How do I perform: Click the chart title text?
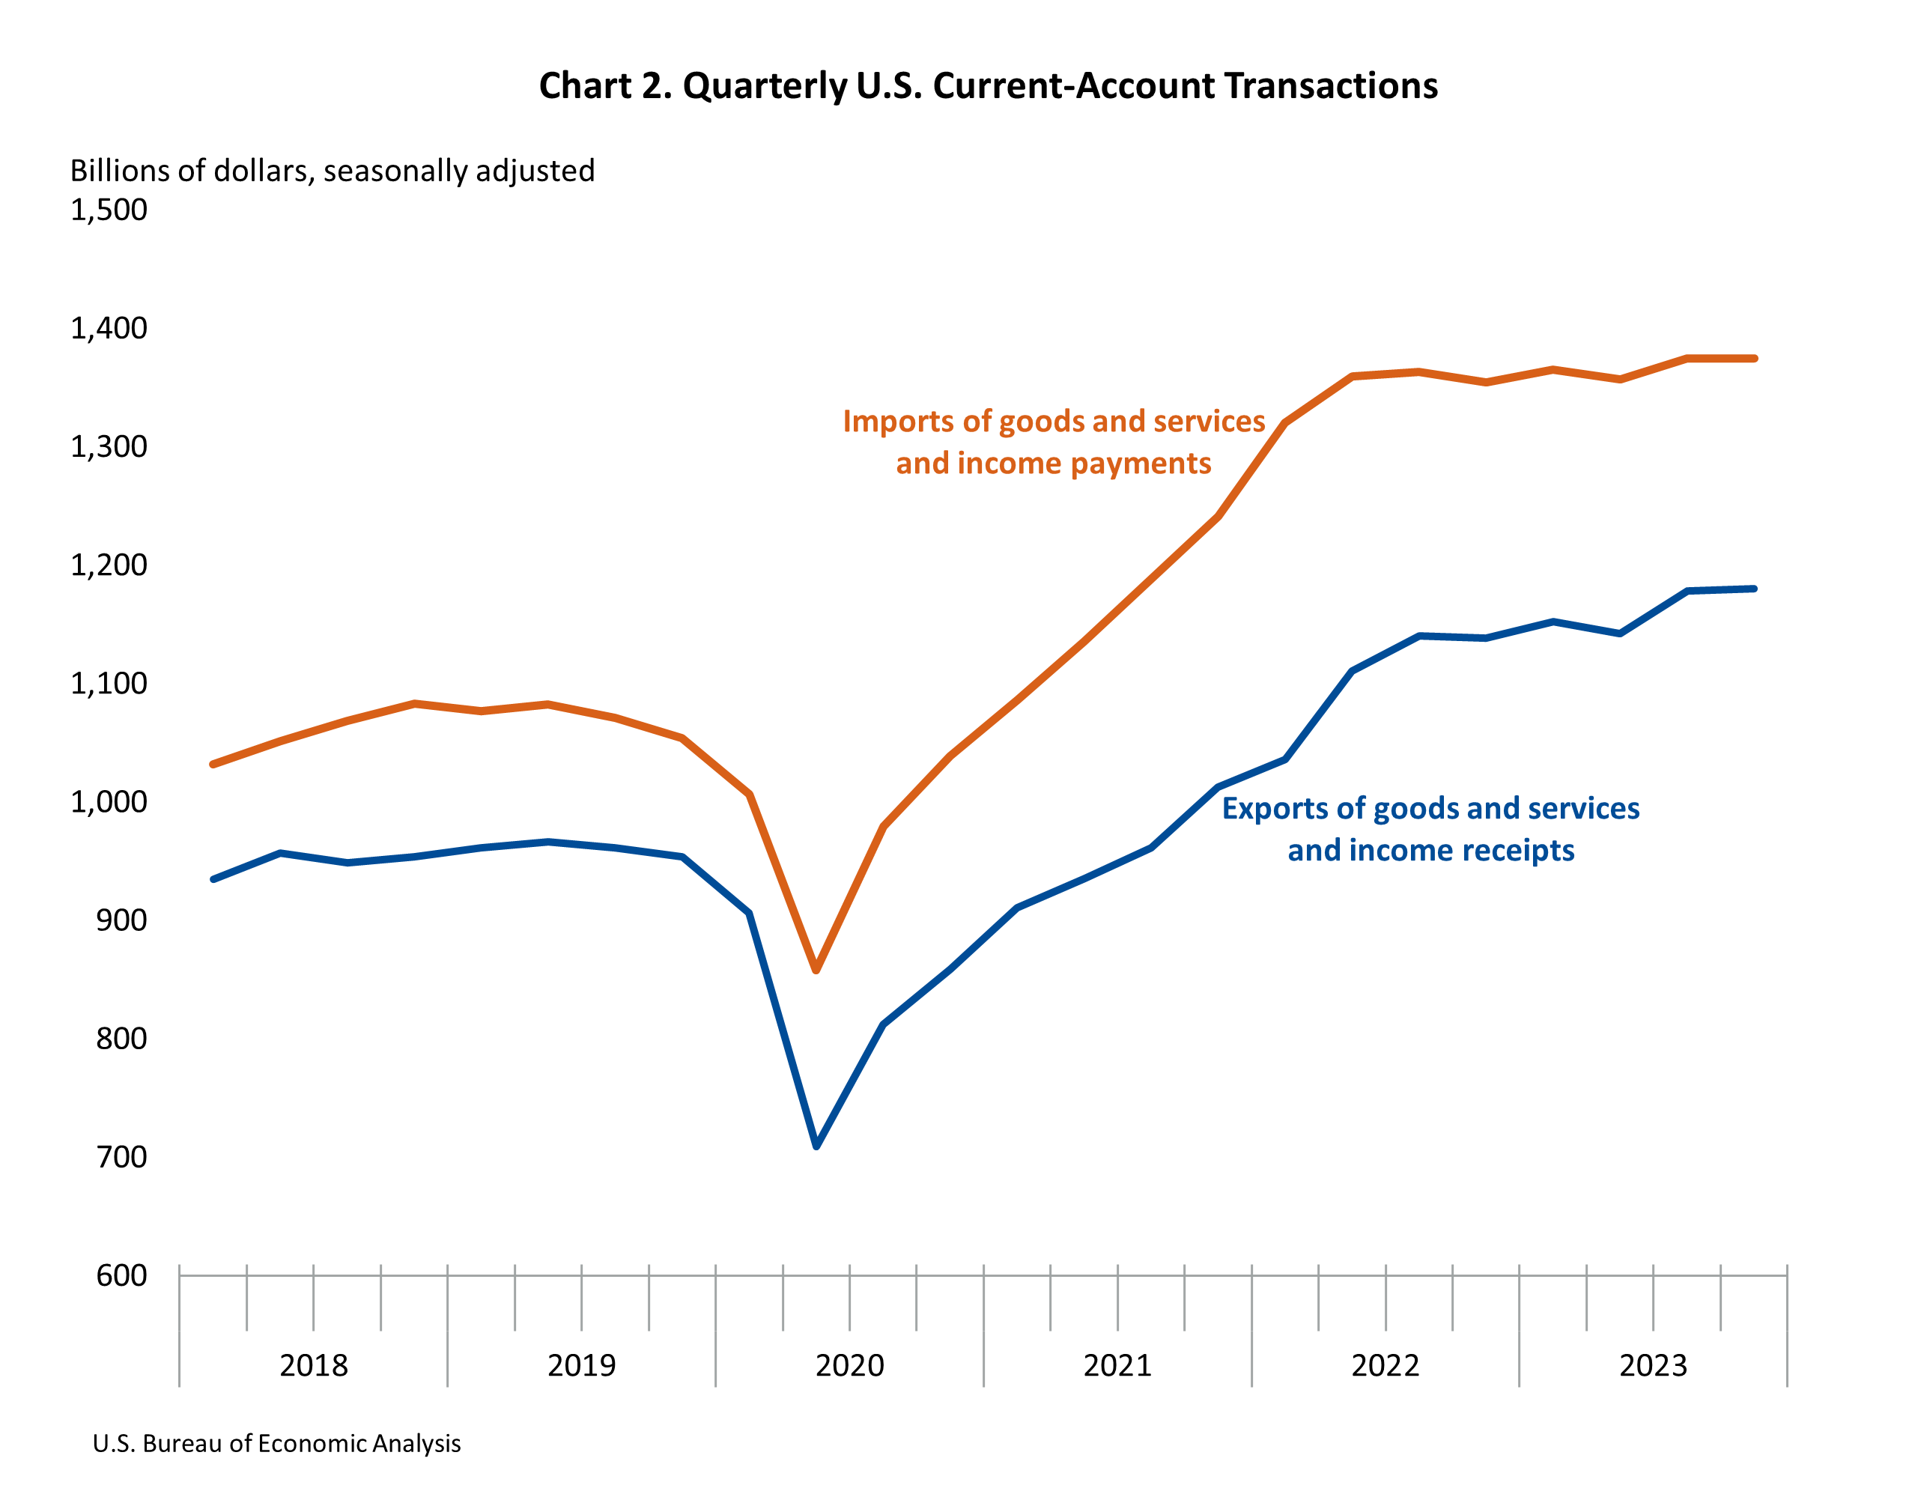coord(988,86)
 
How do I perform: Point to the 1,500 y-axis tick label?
coord(109,210)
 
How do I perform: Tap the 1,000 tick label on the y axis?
coord(109,801)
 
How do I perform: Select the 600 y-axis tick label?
coord(122,1275)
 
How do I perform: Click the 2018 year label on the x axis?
coord(314,1365)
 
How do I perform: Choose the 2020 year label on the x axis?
coord(849,1365)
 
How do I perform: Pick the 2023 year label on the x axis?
coord(1653,1365)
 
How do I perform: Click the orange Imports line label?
coord(1054,442)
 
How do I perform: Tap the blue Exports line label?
coord(1431,829)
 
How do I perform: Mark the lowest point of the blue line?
coord(816,1145)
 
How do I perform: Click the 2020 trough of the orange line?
coord(816,970)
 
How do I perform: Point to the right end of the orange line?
coord(1754,359)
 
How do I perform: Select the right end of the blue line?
coord(1754,589)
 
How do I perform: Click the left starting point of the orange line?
coord(213,765)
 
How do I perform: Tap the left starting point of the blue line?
coord(213,878)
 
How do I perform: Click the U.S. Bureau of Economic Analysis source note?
coord(276,1444)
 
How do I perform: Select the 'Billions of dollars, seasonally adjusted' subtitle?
coord(333,170)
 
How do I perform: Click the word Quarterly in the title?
coord(765,86)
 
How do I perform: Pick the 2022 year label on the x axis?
coord(1386,1365)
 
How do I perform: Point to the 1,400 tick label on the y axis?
coord(109,328)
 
